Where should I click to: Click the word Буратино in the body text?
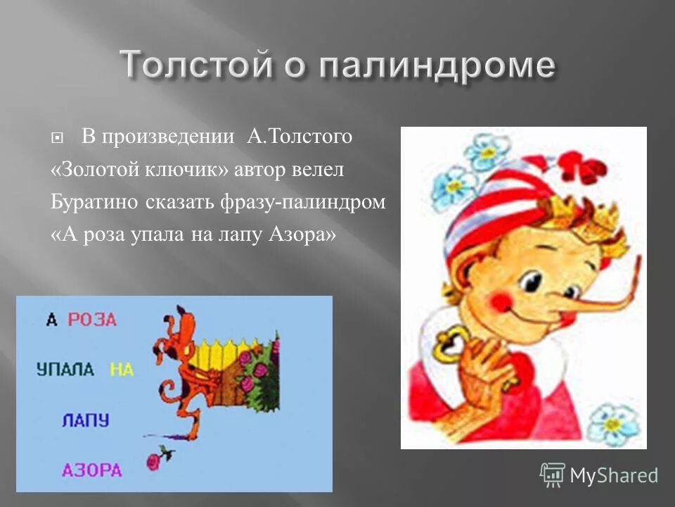(x=94, y=202)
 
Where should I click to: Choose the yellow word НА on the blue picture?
(x=121, y=369)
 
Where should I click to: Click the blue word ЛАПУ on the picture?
(x=86, y=420)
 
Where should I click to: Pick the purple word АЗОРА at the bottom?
(x=92, y=470)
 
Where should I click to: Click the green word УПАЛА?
(x=65, y=369)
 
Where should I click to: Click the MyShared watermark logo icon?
(x=553, y=475)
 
